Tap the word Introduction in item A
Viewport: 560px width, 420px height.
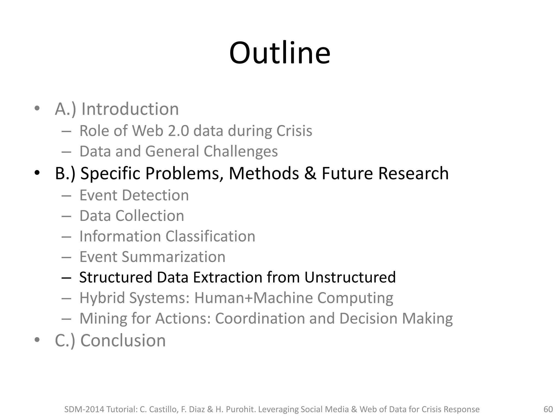coord(130,109)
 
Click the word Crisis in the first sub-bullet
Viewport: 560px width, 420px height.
coord(294,131)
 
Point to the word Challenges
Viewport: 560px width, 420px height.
coord(241,151)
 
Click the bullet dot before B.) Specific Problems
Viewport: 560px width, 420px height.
coord(37,173)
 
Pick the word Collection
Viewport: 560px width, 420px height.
coord(150,216)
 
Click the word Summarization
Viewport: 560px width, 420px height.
coord(173,257)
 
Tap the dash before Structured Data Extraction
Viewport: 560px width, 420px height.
coord(66,278)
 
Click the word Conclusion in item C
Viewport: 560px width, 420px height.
coord(123,341)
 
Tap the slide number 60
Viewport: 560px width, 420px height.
coord(548,409)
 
